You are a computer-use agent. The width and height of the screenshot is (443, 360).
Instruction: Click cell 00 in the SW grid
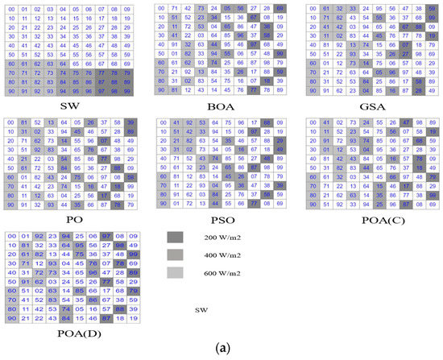[12, 10]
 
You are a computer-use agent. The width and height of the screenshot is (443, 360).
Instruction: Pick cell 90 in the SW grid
[12, 91]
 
